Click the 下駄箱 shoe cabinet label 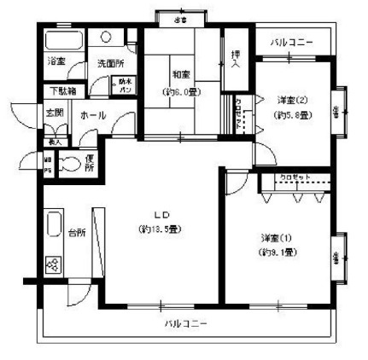click(60, 90)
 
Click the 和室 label click(179, 74)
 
